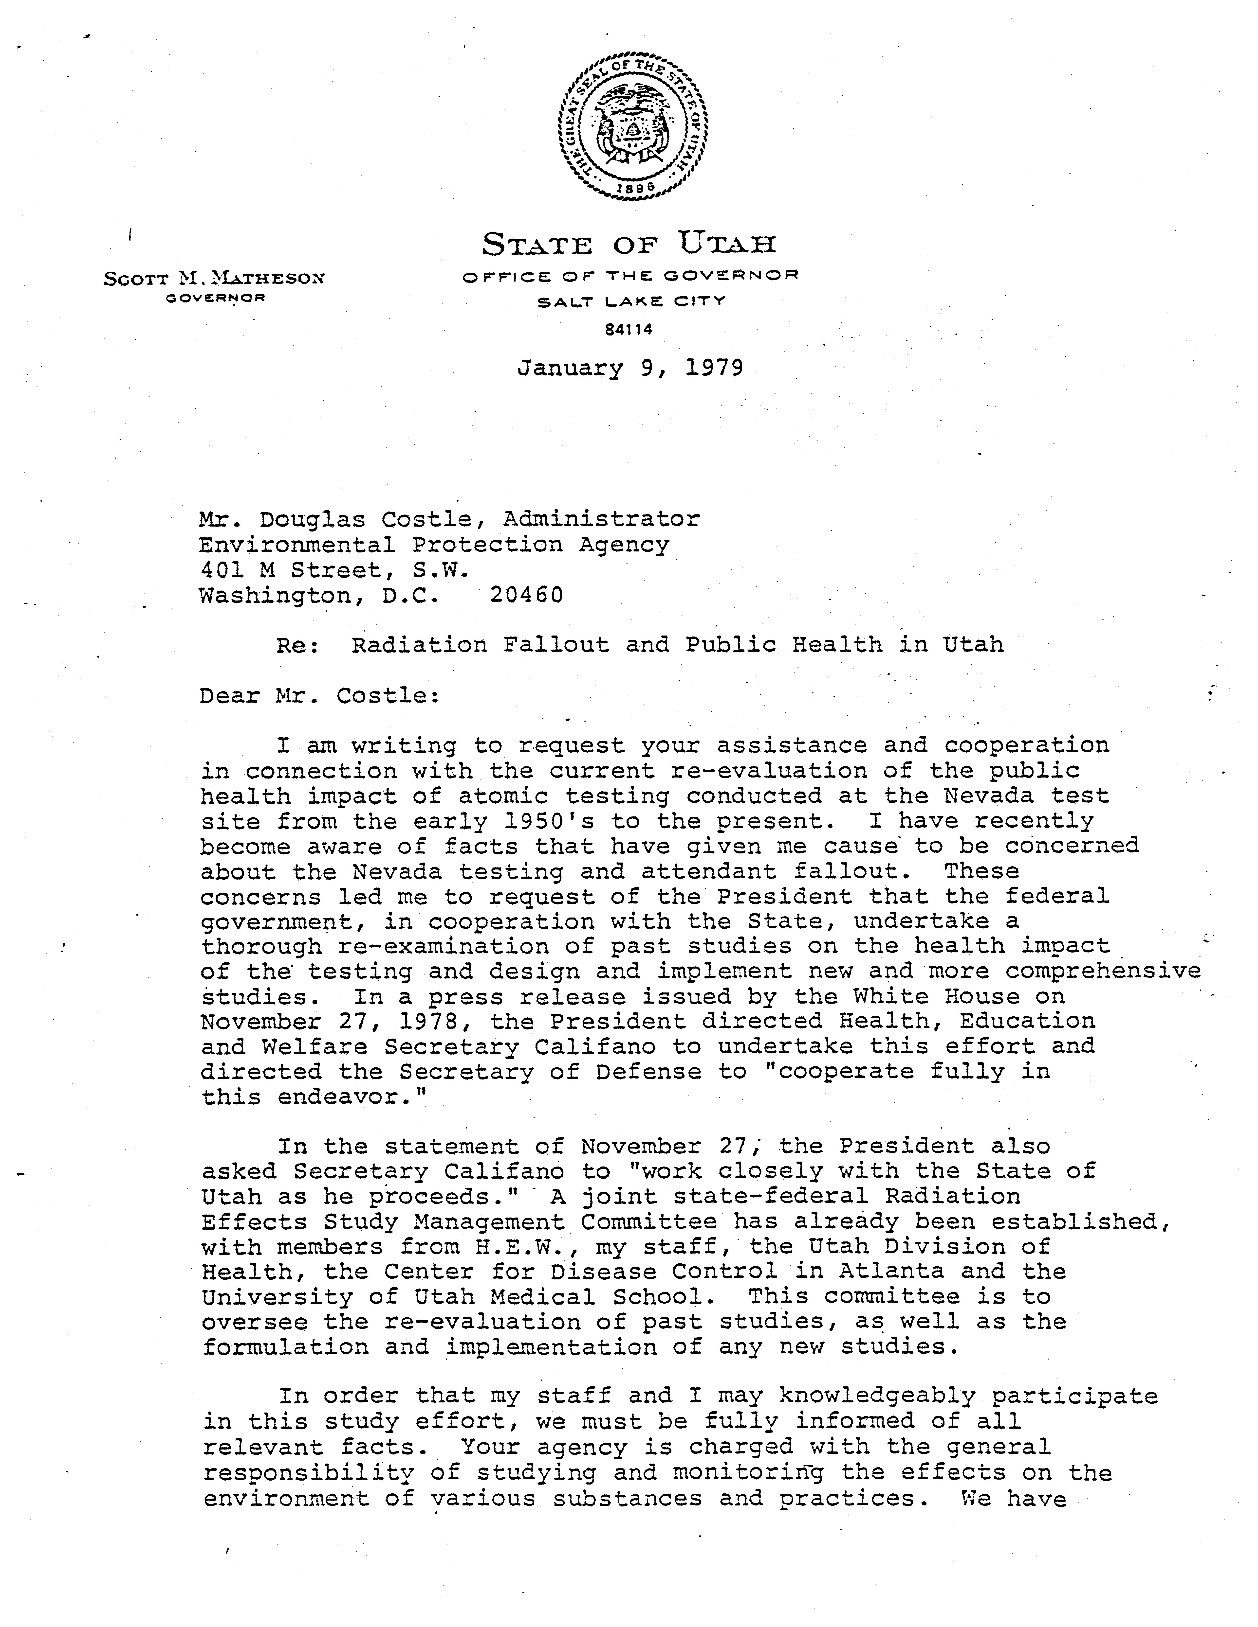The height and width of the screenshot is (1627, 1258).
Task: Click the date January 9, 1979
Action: (630, 368)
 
